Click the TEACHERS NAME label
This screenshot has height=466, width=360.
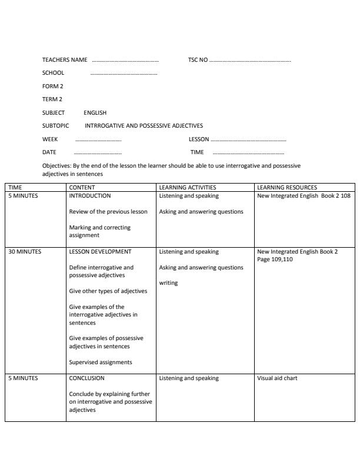click(65, 60)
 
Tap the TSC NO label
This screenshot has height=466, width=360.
click(198, 60)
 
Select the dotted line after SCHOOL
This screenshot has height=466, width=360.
click(124, 74)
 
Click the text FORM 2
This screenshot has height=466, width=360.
click(52, 86)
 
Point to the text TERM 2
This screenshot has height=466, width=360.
click(52, 99)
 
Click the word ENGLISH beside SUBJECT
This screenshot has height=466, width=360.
click(95, 112)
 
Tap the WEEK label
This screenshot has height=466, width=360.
click(50, 139)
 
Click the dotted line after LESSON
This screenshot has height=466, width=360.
click(248, 140)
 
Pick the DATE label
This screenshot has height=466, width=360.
click(49, 152)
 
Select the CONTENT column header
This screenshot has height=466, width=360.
click(82, 188)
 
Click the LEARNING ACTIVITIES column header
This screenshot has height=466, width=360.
click(188, 188)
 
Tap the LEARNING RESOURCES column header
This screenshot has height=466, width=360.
click(286, 188)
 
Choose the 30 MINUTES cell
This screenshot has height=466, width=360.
click(25, 252)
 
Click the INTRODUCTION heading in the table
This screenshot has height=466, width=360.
click(89, 196)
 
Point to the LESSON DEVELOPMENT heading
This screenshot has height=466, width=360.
click(100, 252)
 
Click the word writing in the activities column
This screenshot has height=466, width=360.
click(168, 283)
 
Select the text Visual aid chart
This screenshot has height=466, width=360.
click(277, 378)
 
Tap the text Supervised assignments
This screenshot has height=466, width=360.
click(101, 362)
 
